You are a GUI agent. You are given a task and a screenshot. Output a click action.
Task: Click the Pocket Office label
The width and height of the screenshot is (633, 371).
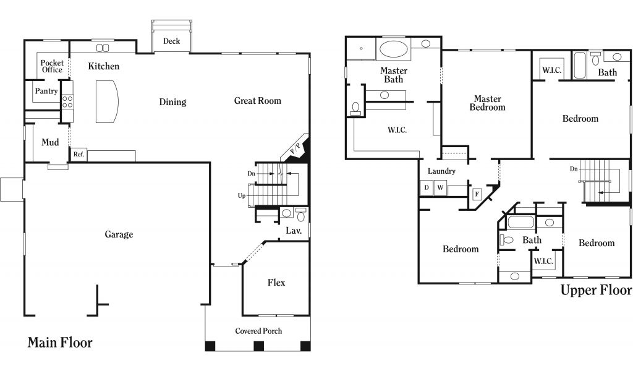coord(52,66)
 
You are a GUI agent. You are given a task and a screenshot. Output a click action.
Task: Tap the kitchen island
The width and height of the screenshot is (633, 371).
coord(106,101)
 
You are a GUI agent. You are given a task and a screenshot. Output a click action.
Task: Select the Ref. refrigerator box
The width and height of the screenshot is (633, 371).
coord(79,154)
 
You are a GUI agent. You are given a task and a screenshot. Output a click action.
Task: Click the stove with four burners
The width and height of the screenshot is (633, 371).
coord(67,102)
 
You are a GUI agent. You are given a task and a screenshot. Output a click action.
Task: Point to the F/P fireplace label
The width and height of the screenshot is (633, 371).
coord(295,148)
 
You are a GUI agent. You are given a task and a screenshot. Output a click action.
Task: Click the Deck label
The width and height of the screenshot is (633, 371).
coord(172,41)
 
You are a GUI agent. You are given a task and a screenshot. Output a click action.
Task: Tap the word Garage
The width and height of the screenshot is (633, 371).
coord(119,234)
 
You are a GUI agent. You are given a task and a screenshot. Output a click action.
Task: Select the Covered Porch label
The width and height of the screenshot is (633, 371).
coord(258,331)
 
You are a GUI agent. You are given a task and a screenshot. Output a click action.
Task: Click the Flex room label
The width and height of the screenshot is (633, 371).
coord(276,283)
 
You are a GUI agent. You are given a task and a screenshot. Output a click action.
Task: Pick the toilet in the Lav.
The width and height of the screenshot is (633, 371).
coord(301,215)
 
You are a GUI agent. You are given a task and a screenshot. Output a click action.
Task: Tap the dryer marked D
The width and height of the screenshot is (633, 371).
coord(427,187)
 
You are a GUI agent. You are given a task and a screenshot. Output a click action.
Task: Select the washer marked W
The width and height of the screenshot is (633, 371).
coord(440,187)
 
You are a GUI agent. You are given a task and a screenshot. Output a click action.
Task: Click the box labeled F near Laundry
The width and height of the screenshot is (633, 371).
coord(477,194)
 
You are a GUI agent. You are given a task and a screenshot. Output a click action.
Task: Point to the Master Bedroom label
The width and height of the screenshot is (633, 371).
coord(487,103)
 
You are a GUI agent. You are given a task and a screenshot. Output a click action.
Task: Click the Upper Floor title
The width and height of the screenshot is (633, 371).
coord(596,290)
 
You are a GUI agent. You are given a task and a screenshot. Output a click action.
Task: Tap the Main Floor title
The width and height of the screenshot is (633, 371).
coord(60,343)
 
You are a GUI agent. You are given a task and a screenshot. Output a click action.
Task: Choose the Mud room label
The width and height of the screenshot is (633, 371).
coord(50,142)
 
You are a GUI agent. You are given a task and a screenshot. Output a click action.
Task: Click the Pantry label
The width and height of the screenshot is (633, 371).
coord(46,92)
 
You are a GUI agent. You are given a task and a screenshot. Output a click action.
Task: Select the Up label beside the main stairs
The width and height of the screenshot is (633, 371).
coord(242,196)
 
